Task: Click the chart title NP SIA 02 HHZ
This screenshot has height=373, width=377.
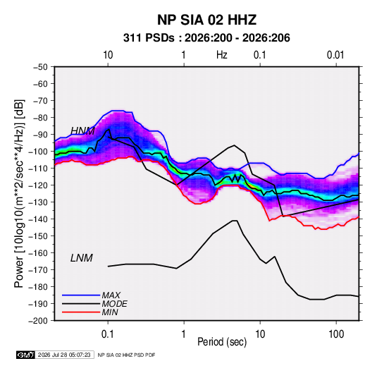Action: (x=206, y=20)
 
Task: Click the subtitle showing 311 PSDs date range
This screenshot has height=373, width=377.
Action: (x=206, y=38)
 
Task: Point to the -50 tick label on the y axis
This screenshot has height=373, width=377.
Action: (x=40, y=67)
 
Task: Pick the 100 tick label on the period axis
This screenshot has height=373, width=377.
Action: (x=336, y=334)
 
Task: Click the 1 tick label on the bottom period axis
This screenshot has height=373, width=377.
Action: (x=184, y=334)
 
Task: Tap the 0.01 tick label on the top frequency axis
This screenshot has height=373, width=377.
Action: (x=335, y=55)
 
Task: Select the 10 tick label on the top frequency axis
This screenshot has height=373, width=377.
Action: (x=108, y=55)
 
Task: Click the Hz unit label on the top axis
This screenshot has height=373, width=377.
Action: (x=222, y=55)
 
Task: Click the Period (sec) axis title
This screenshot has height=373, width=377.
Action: (x=222, y=342)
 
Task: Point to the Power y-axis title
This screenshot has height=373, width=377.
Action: (x=19, y=194)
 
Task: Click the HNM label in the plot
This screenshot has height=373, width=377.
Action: (x=82, y=131)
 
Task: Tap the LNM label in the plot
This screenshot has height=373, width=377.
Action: (x=82, y=258)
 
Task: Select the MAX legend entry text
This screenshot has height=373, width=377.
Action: (x=111, y=295)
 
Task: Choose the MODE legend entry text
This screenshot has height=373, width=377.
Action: (x=114, y=304)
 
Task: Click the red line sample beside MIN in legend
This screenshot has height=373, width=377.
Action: (x=81, y=312)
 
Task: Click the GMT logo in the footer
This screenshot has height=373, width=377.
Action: (x=25, y=355)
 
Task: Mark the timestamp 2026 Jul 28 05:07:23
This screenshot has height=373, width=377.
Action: (x=64, y=355)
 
